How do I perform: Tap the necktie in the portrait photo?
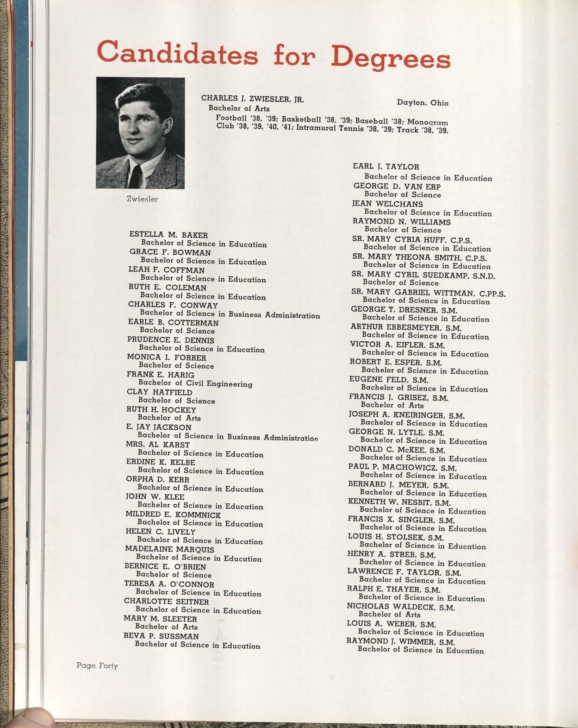(x=135, y=176)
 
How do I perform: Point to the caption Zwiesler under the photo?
(x=142, y=199)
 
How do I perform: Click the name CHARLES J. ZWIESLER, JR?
(x=252, y=99)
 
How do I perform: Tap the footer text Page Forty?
(x=97, y=666)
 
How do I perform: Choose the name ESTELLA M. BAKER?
(x=168, y=235)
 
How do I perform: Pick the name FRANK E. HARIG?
(x=161, y=375)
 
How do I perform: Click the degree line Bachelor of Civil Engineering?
(x=195, y=383)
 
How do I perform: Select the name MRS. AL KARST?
(x=158, y=445)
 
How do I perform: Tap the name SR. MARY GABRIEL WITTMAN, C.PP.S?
(x=428, y=293)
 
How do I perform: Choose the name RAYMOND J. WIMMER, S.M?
(x=401, y=642)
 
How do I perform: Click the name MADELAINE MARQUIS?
(x=170, y=550)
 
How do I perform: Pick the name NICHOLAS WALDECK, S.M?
(x=401, y=607)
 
